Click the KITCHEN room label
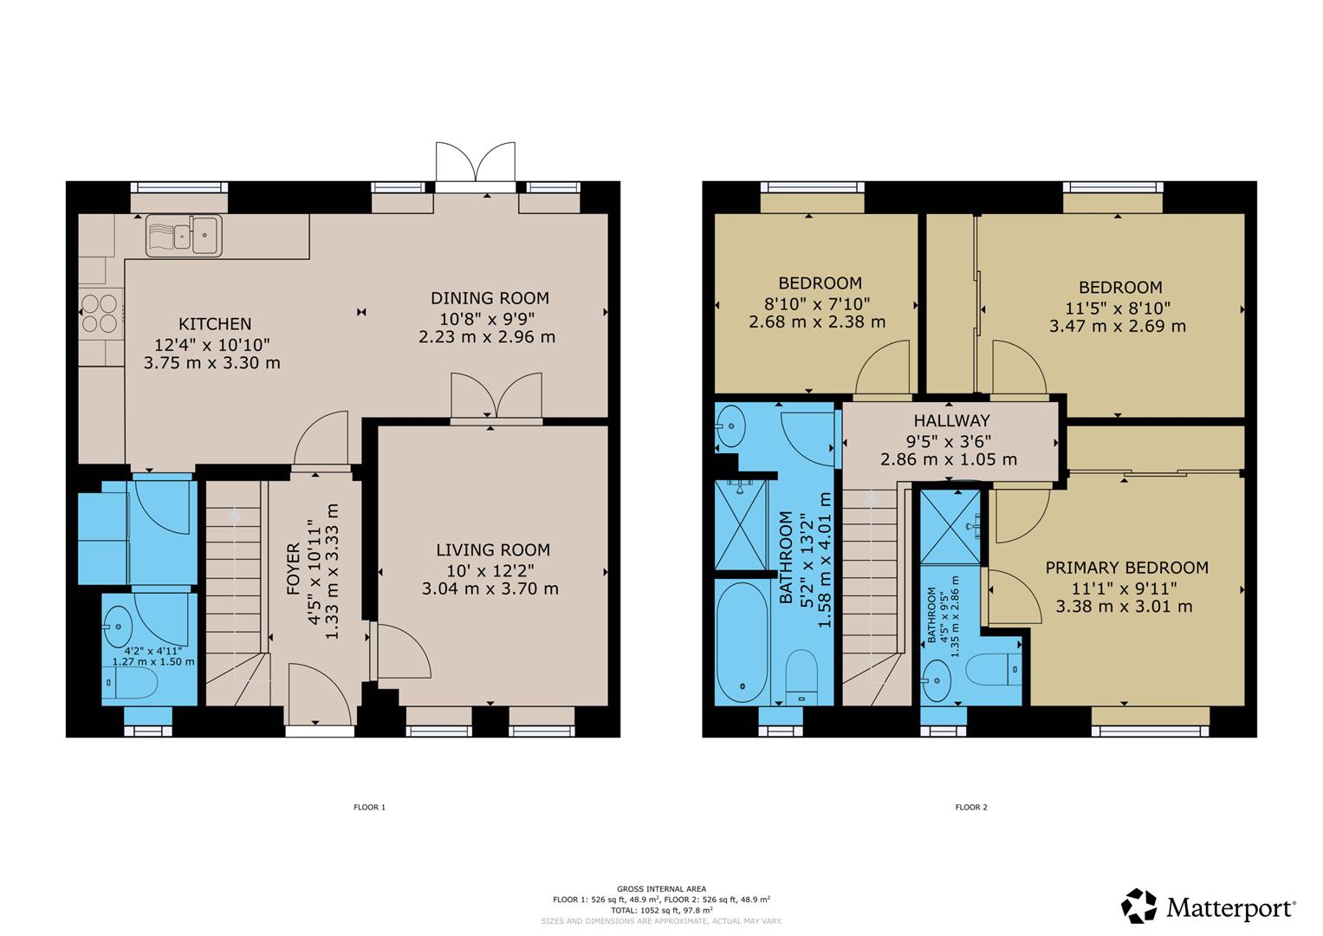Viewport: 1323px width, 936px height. [x=215, y=324]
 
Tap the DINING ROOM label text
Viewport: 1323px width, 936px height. [x=490, y=298]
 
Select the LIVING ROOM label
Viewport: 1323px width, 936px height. [x=493, y=550]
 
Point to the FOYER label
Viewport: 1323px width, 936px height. [x=294, y=569]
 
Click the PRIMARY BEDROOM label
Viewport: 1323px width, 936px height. [x=1127, y=568]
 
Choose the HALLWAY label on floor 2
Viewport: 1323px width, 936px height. [x=951, y=420]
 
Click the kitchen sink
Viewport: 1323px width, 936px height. [x=184, y=235]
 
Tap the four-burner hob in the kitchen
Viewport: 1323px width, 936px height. [x=101, y=313]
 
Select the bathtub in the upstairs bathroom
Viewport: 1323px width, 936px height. [x=743, y=641]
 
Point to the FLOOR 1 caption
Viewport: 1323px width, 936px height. [x=369, y=807]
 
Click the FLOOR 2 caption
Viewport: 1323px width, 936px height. [x=971, y=807]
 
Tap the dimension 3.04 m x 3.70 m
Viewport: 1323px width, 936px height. [x=490, y=588]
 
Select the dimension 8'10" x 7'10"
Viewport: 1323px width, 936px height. [x=817, y=303]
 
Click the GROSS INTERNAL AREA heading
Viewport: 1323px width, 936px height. [x=662, y=888]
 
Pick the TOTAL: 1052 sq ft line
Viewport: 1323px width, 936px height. [x=662, y=911]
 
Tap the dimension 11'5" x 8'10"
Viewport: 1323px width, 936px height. [x=1118, y=308]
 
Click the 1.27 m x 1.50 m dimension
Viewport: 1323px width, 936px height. [x=153, y=662]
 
